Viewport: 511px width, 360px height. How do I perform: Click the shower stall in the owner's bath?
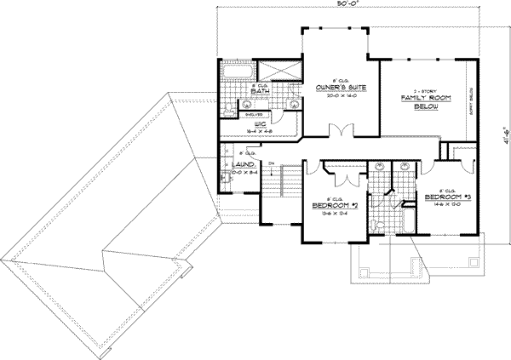click(278, 71)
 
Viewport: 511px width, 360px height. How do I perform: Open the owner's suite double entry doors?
click(341, 131)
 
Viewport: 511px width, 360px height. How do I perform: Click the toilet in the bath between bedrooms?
click(376, 224)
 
